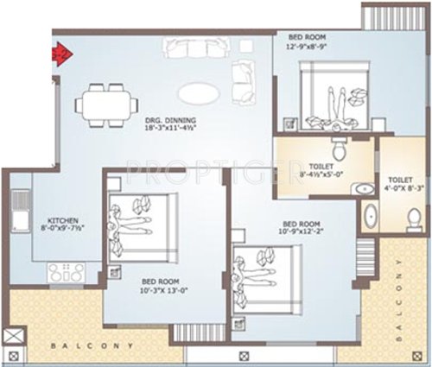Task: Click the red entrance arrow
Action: (62, 54)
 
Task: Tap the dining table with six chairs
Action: (102, 100)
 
